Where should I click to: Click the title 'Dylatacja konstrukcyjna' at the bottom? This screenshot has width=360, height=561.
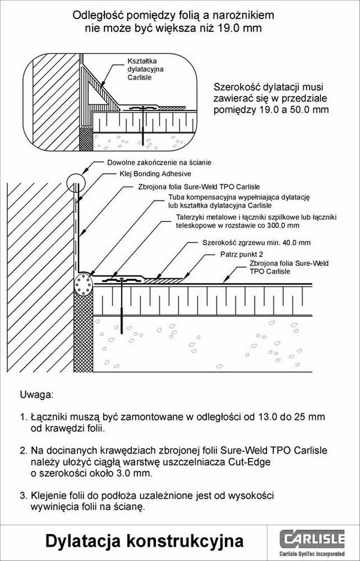click(145, 541)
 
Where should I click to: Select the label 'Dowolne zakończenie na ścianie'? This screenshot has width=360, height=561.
click(159, 163)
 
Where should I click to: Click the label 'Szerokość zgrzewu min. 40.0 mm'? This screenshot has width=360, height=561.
click(256, 243)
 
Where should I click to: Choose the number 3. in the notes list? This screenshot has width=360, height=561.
click(23, 496)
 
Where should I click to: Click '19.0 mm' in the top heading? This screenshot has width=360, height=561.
click(241, 28)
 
